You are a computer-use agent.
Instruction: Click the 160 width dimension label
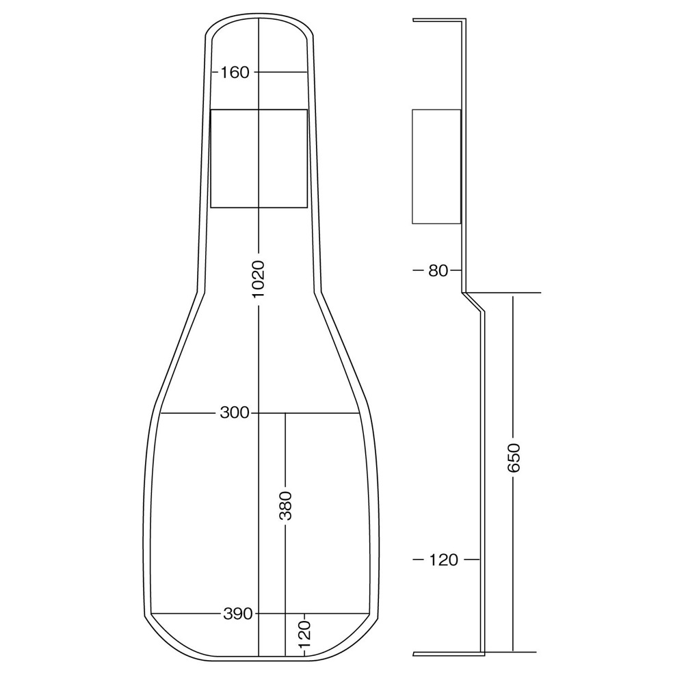tap(235, 72)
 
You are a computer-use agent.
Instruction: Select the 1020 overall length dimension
tap(258, 278)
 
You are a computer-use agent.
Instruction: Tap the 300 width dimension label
tap(235, 413)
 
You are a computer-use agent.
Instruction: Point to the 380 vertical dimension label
tap(285, 505)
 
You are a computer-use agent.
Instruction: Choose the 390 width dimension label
tap(238, 614)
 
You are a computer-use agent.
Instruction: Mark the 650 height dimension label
tap(514, 458)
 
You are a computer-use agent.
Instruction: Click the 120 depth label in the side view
tap(444, 560)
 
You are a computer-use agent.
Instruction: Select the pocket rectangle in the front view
tap(259, 158)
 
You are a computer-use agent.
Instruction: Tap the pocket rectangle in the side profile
tap(436, 166)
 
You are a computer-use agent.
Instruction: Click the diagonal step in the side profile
tap(473, 303)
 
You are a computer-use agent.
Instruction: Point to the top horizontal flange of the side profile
tap(438, 21)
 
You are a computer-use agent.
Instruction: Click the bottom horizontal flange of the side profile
tap(448, 654)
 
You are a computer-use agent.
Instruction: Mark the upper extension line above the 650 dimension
tap(506, 293)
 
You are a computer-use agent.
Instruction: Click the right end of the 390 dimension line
tap(370, 614)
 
